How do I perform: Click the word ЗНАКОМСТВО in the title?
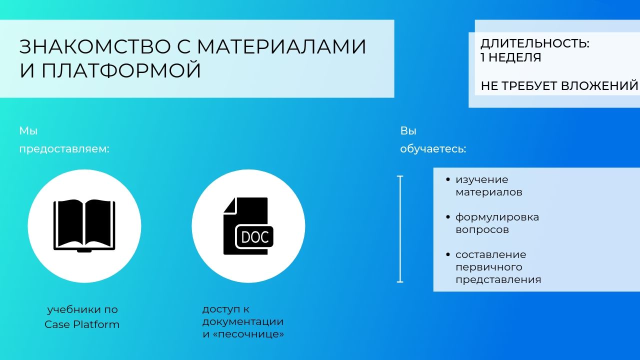point(95,46)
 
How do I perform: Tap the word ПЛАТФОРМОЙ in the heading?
point(121,70)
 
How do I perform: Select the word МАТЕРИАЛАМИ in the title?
point(281,46)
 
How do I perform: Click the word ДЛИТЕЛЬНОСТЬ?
point(534,44)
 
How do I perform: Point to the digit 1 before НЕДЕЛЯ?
point(482,57)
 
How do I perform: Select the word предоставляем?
point(64,149)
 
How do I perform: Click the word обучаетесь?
point(433,149)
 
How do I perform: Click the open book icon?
point(84,225)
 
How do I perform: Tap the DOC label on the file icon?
point(255,237)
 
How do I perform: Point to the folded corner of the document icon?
point(229,205)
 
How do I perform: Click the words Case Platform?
point(82,324)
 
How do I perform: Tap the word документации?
point(243,322)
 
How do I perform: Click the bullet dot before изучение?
point(447,179)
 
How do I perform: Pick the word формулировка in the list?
point(497,217)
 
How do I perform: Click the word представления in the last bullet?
point(498,279)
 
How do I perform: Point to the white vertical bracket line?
point(400,229)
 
